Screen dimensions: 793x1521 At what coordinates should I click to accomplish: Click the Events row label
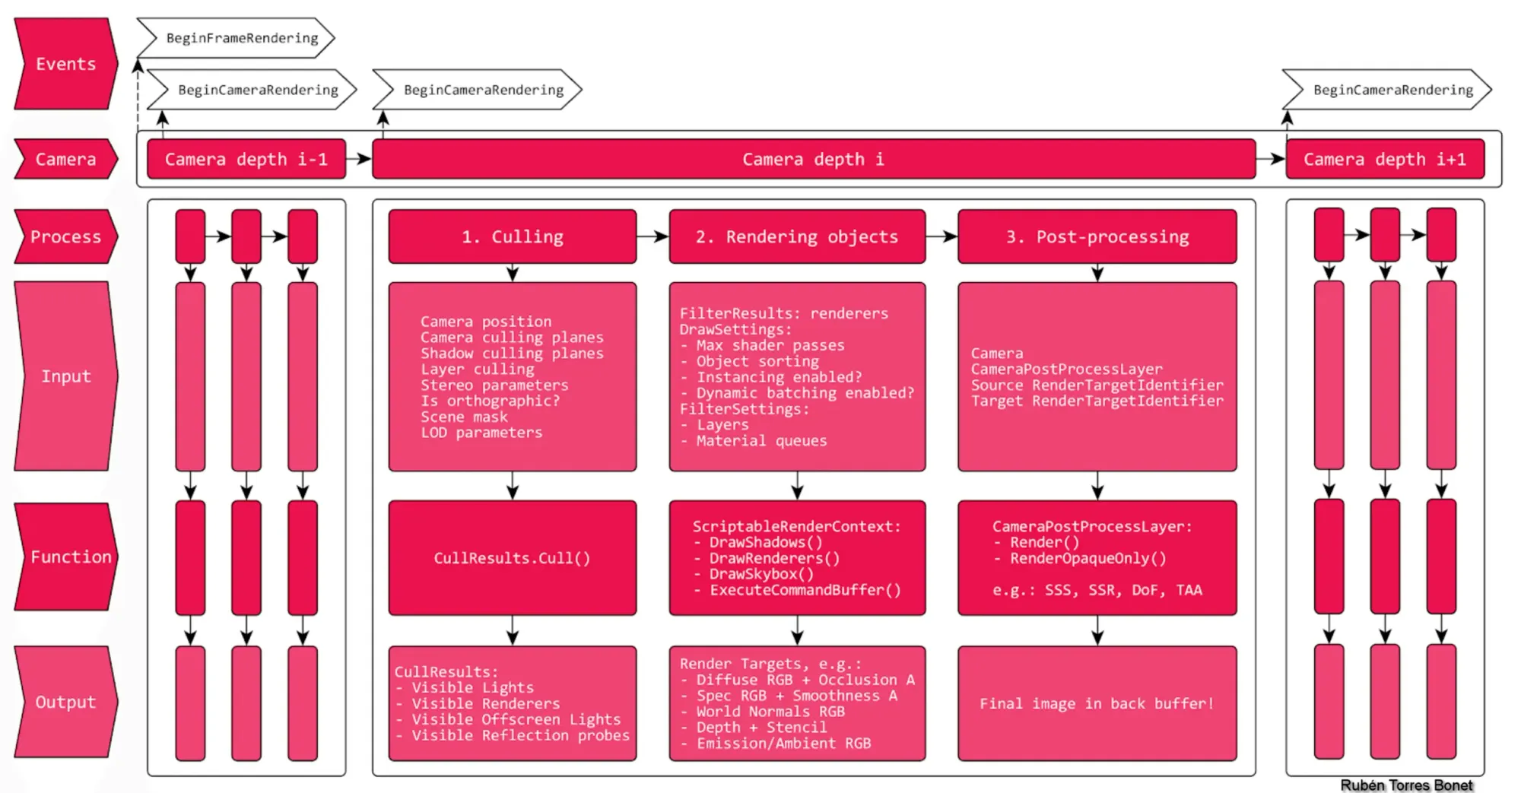[65, 64]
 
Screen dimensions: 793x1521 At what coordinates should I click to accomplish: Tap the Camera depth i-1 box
[246, 159]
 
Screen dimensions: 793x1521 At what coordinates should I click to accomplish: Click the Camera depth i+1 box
[1384, 159]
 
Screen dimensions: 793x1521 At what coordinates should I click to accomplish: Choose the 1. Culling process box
[512, 236]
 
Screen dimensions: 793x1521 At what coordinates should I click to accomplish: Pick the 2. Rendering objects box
[796, 236]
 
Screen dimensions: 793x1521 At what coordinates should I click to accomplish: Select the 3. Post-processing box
[1097, 236]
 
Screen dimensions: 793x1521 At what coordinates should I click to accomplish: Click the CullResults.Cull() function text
[512, 558]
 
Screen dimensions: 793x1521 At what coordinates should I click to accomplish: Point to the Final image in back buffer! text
[1096, 703]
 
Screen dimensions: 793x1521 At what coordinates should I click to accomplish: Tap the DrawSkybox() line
[760, 574]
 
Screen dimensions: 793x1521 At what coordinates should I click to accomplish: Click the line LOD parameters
[481, 433]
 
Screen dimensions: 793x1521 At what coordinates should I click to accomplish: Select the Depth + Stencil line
[760, 727]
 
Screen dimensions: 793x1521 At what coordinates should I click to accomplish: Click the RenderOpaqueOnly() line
[1088, 558]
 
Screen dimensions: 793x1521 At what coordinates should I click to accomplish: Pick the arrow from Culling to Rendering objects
[653, 236]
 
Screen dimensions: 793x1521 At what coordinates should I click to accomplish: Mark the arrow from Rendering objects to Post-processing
[941, 236]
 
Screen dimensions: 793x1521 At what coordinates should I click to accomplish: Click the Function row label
[70, 557]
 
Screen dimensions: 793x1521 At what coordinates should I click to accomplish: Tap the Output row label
[65, 702]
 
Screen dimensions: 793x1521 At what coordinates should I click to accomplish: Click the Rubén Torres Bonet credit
[1406, 785]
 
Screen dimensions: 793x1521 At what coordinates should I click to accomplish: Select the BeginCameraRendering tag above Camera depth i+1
[1392, 90]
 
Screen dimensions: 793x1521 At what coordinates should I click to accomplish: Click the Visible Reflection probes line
[520, 735]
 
